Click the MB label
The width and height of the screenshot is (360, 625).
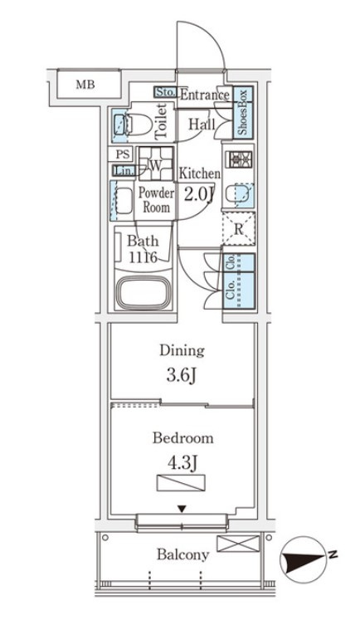[x=85, y=85]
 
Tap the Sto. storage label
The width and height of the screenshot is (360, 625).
[x=165, y=92]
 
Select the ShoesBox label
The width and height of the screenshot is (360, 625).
[x=242, y=112]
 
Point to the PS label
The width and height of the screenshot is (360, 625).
[x=122, y=154]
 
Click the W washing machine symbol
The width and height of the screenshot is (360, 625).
[x=156, y=164]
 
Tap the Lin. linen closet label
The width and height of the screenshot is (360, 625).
[x=123, y=171]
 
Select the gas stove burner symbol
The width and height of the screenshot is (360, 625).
[x=239, y=159]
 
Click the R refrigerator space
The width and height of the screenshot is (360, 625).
[x=239, y=229]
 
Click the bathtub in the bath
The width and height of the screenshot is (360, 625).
[x=143, y=293]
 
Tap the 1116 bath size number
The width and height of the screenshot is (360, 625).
[x=143, y=257]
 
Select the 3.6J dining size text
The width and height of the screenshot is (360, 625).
[x=182, y=375]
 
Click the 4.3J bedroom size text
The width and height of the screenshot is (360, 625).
[x=182, y=463]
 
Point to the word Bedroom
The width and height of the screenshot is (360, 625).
[x=182, y=438]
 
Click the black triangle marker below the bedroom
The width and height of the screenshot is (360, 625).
[x=182, y=509]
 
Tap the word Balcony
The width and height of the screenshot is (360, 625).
[x=182, y=554]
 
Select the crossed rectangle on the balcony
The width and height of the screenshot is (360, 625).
[x=238, y=544]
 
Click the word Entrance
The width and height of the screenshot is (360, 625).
[x=205, y=95]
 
